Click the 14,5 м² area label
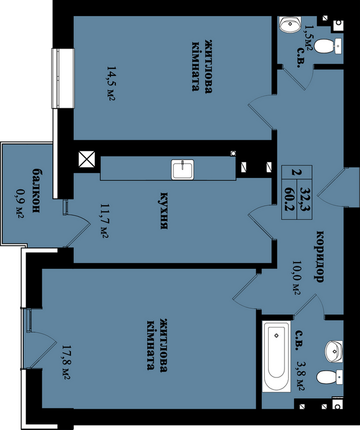pyautogui.click(x=111, y=83)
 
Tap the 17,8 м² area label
pyautogui.click(x=66, y=362)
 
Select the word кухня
pyautogui.click(x=164, y=211)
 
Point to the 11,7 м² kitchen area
pyautogui.click(x=104, y=221)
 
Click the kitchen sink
pyautogui.click(x=183, y=170)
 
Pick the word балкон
pyautogui.click(x=37, y=191)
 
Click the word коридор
pyautogui.click(x=320, y=257)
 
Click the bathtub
pyautogui.click(x=276, y=356)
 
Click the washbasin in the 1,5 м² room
pyautogui.click(x=290, y=24)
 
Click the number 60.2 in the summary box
pyautogui.click(x=290, y=199)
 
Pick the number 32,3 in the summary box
pyautogui.click(x=305, y=199)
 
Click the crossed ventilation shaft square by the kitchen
pyautogui.click(x=86, y=159)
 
